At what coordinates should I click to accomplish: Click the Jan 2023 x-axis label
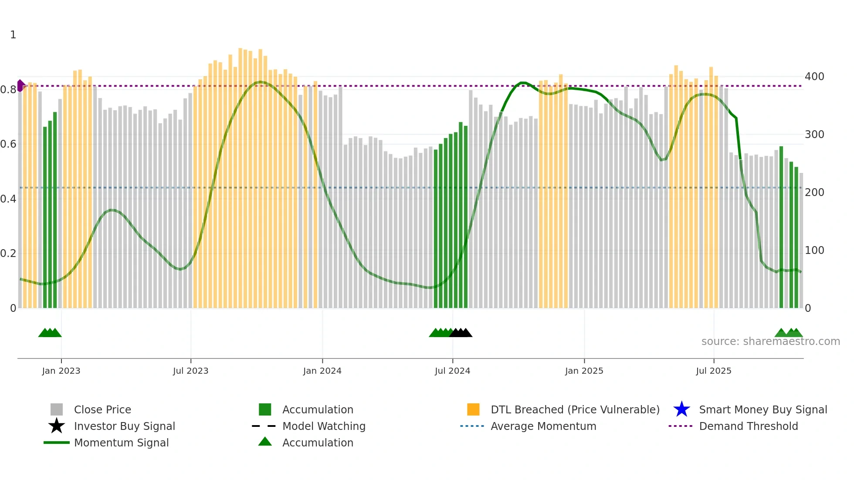[x=61, y=371]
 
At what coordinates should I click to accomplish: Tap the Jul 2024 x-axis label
[x=452, y=371]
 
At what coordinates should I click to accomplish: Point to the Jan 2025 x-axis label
[x=584, y=371]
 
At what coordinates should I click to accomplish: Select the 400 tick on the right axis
[x=814, y=77]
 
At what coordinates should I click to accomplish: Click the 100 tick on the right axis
[x=814, y=250]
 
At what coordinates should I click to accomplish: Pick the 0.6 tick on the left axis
[x=8, y=144]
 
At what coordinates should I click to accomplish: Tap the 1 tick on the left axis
[x=13, y=35]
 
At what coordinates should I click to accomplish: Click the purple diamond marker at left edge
[x=20, y=86]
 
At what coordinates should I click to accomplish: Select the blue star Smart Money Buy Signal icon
[x=681, y=409]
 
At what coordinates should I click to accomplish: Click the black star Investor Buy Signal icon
[x=57, y=426]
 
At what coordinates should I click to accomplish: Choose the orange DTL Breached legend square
[x=473, y=409]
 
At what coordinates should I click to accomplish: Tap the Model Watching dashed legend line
[x=264, y=426]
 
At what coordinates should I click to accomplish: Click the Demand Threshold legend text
[x=748, y=426]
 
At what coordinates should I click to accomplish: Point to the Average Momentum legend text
[x=543, y=426]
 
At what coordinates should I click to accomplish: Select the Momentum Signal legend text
[x=121, y=443]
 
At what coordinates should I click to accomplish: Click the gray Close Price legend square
[x=57, y=409]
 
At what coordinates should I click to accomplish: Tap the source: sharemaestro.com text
[x=770, y=341]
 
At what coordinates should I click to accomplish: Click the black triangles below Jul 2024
[x=461, y=333]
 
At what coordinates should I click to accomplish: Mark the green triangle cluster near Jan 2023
[x=50, y=333]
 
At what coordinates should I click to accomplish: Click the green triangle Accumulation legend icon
[x=265, y=442]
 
